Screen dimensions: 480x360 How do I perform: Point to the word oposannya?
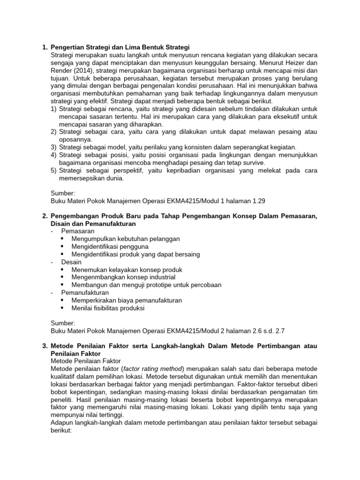(x=76, y=139)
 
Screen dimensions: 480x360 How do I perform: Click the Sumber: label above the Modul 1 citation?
(x=62, y=193)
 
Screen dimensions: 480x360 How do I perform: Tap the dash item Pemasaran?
(x=77, y=231)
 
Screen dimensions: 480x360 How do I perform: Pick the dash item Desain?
(x=71, y=262)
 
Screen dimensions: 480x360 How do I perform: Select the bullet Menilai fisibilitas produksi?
(x=108, y=308)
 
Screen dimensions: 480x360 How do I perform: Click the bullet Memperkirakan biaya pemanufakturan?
(x=127, y=300)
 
